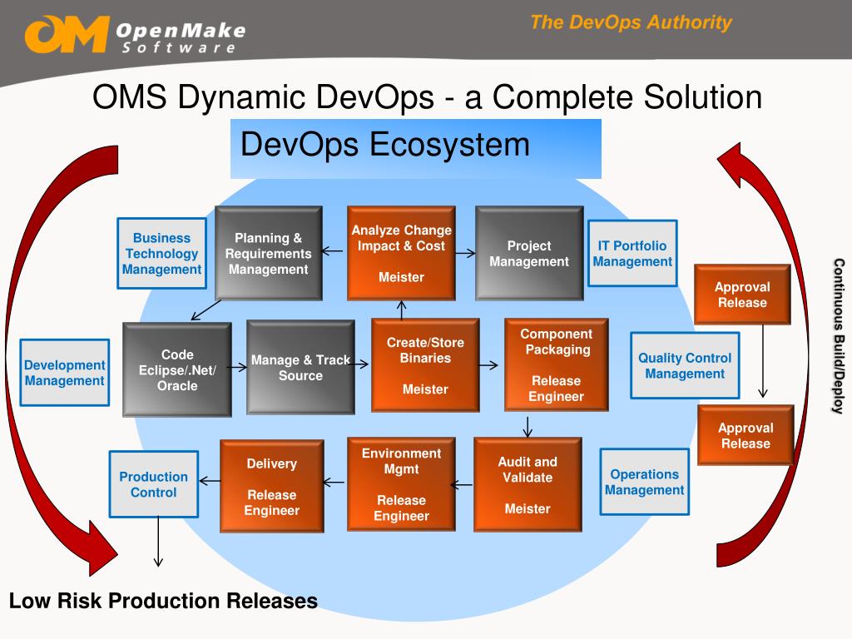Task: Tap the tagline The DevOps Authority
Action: (x=631, y=22)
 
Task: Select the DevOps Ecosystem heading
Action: (x=385, y=145)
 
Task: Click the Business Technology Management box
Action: (x=161, y=254)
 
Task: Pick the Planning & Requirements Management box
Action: (x=268, y=254)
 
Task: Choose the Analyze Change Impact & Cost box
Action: (x=401, y=254)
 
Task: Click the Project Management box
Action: (x=528, y=254)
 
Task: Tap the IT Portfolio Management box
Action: (x=632, y=254)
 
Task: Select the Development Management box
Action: (x=64, y=373)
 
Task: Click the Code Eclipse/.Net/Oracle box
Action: (x=177, y=369)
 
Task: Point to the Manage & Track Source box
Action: (x=300, y=368)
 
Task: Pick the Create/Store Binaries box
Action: (x=424, y=365)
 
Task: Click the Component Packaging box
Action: (x=556, y=364)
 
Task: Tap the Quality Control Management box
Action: (x=685, y=365)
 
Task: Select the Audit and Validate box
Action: (x=528, y=484)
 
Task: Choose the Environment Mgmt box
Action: (x=401, y=484)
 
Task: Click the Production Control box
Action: (x=153, y=484)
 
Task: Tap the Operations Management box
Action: (x=644, y=483)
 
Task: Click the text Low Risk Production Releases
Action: (x=163, y=601)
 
